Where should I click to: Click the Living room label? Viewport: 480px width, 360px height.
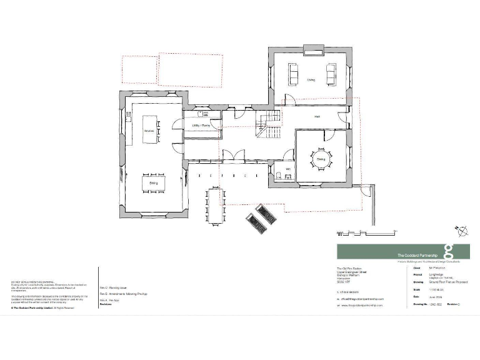coord(311,80)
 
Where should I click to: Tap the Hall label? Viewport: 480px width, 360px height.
coord(317,117)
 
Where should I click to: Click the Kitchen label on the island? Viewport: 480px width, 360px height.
coord(149,131)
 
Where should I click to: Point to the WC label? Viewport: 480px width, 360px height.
coord(288,169)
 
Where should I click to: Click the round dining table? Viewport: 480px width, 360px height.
coord(320,159)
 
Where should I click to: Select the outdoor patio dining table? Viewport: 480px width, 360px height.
coord(215,206)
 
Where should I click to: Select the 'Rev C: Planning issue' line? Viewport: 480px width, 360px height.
coord(117,287)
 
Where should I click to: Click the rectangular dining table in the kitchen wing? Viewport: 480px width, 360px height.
coord(152,182)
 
